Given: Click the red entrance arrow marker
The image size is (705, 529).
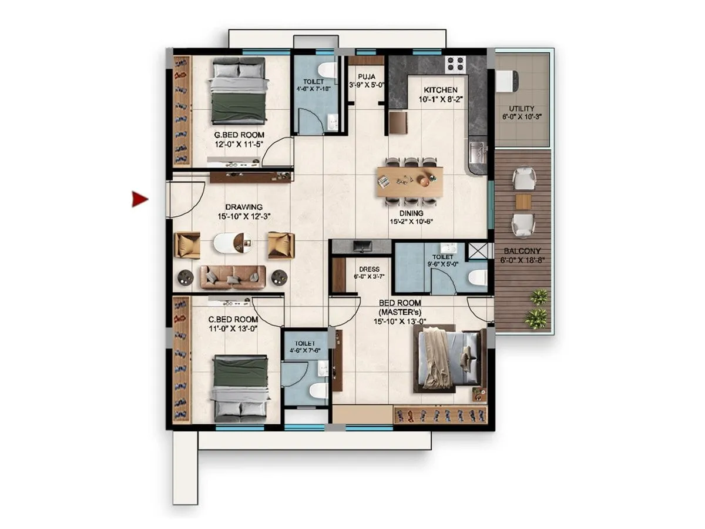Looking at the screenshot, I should point(139,200).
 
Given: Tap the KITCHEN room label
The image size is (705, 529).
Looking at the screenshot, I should point(441,90).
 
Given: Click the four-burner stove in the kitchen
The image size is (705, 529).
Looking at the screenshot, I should point(455,63).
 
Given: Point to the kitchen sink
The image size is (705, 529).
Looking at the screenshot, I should point(477,152).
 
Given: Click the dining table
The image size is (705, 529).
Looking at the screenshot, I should point(410,181).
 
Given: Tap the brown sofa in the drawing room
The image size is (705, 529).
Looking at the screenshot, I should point(233,277).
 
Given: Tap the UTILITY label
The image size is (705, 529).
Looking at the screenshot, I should point(522,109).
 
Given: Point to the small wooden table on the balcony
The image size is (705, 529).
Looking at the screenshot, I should point(523,202).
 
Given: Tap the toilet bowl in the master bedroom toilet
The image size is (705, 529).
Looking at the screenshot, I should point(478,277).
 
